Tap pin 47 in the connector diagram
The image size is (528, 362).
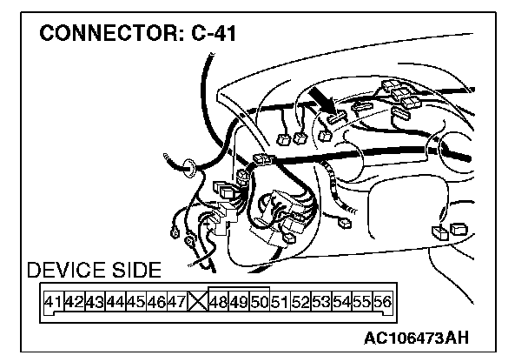pos(175,304)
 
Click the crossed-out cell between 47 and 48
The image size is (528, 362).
pos(197,304)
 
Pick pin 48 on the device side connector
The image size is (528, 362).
pos(219,304)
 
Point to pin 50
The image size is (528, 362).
pos(259,304)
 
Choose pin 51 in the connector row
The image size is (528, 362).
pos(280,304)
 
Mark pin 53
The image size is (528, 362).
pos(320,304)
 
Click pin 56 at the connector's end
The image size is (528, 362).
pos(381,304)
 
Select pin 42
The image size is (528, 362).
pos(74,304)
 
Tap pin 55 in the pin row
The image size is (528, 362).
pos(361,304)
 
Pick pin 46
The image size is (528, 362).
pos(155,304)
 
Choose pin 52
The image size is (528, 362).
pos(300,304)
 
